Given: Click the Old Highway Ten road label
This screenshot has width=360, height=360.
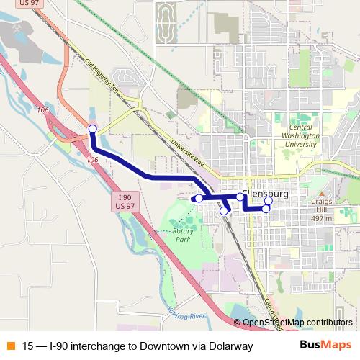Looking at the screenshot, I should [x=101, y=75].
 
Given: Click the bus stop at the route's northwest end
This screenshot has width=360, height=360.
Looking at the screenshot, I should [x=92, y=129].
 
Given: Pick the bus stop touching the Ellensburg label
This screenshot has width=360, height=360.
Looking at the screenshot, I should [x=240, y=197].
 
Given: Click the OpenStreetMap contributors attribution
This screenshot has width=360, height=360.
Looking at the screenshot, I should [x=297, y=323].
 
